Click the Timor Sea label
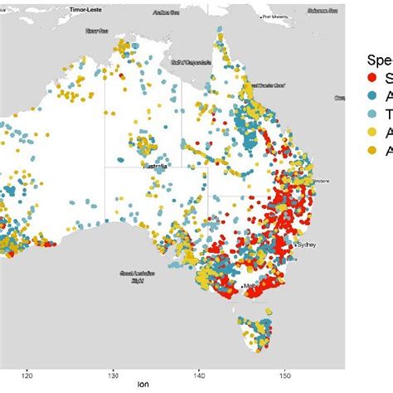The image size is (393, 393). point(97,31)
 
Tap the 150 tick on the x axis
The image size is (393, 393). point(285,375)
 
